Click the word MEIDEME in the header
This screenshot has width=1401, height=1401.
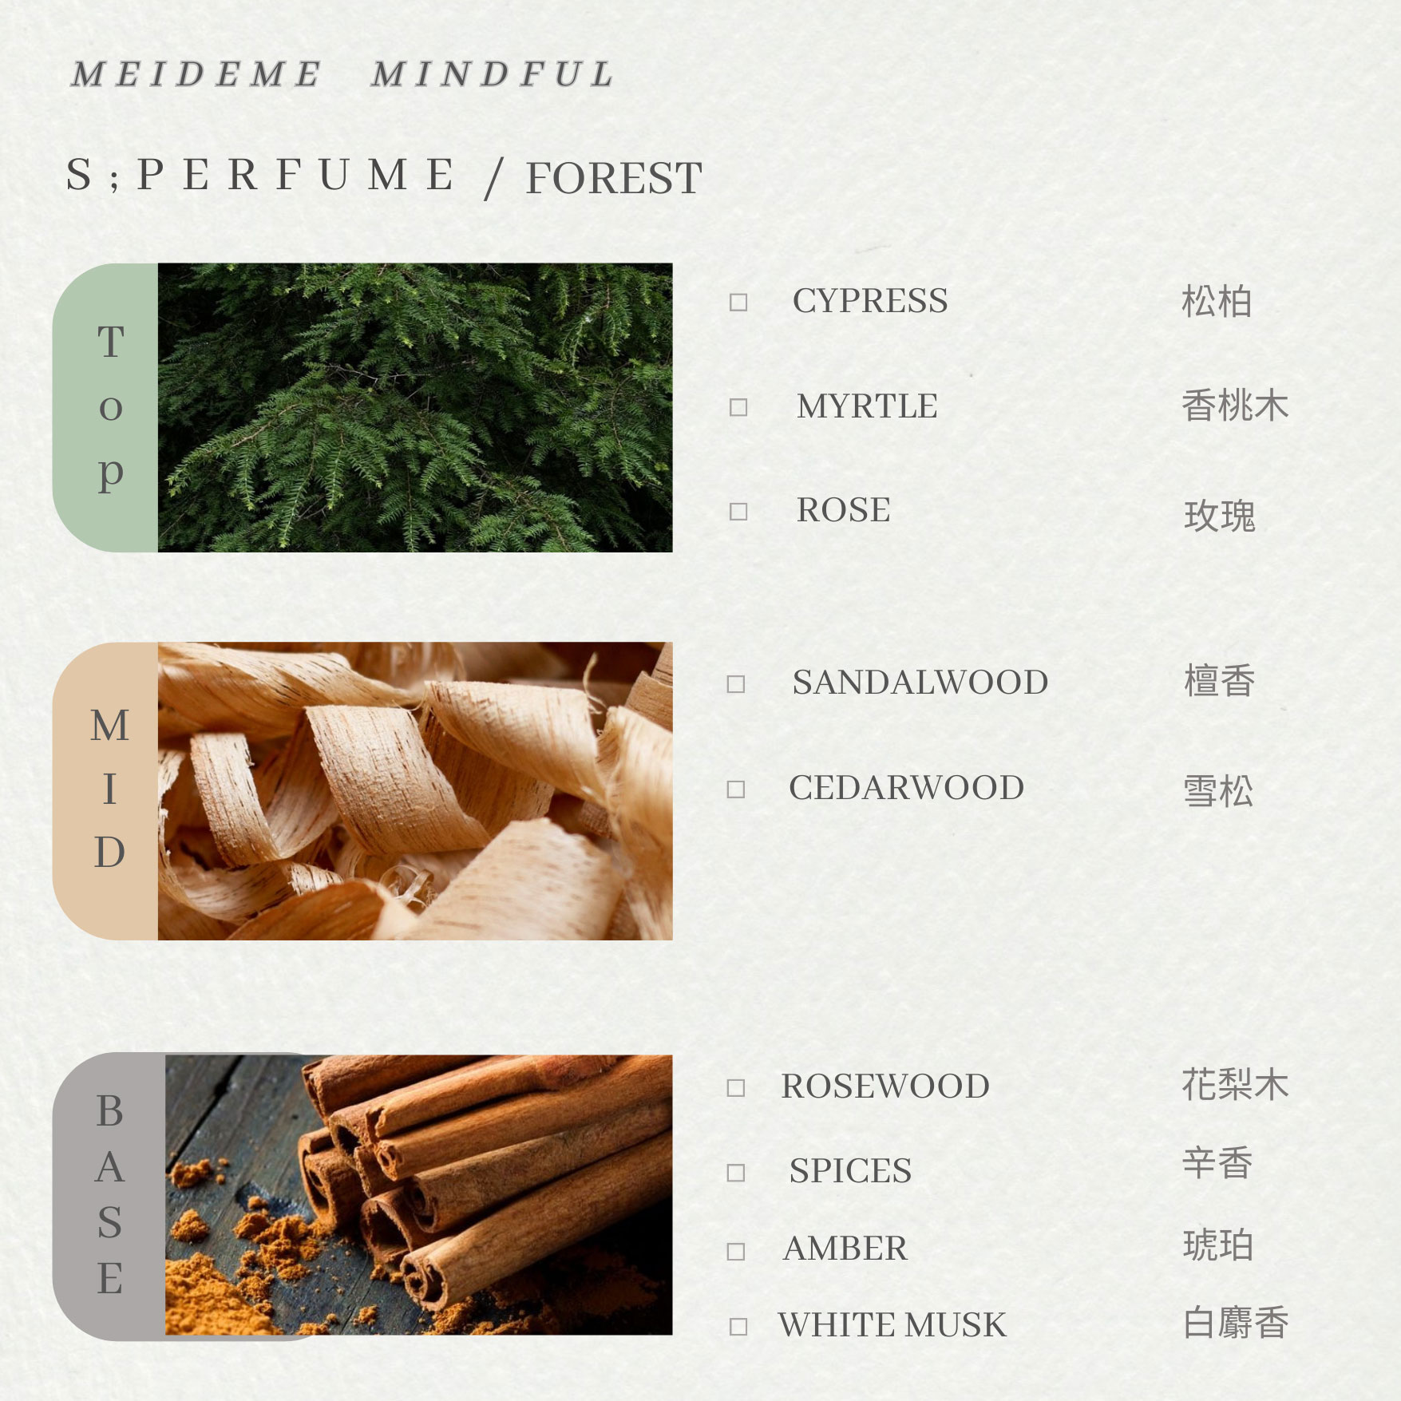pos(196,75)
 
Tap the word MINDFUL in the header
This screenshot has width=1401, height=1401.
pos(493,75)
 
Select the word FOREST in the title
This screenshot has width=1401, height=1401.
pos(614,178)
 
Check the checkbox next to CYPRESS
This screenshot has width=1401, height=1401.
pos(738,303)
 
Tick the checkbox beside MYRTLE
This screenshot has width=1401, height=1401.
pos(738,408)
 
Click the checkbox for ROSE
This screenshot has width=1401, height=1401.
pos(738,512)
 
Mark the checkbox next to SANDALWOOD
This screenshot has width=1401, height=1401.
pos(736,684)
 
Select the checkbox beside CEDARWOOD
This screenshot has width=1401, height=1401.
pos(736,790)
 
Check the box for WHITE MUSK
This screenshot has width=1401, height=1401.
pos(738,1327)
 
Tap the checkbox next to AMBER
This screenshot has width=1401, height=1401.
pos(736,1251)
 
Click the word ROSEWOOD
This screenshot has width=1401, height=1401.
pos(885,1086)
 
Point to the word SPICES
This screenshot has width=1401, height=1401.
pos(850,1171)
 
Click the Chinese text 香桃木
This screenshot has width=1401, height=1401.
pos(1235,406)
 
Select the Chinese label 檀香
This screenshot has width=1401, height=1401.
pos(1219,681)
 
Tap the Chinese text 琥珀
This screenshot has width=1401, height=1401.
pos(1218,1245)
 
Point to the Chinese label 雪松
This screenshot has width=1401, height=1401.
pos(1218,791)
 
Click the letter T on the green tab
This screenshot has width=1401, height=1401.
pos(111,342)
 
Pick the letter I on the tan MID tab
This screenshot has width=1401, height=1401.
pos(110,790)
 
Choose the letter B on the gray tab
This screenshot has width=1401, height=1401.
pos(110,1110)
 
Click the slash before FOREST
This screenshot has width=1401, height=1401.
pos(494,178)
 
